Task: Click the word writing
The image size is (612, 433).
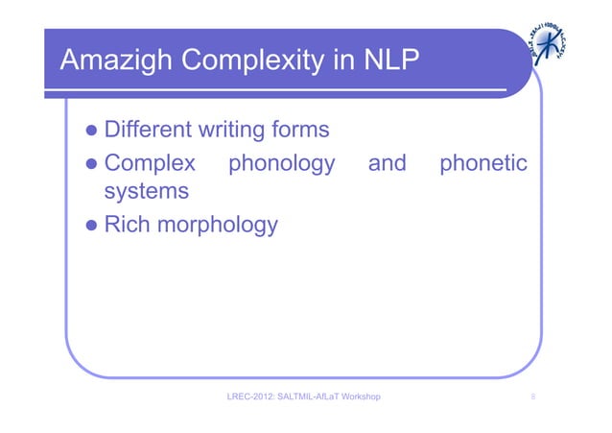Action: (236, 129)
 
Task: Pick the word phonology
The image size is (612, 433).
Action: (279, 161)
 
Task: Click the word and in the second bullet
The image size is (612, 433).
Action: (388, 160)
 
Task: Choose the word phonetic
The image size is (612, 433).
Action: (483, 161)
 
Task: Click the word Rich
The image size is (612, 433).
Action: (128, 225)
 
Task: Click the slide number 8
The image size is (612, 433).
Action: (532, 396)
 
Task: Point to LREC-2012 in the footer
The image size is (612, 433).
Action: (249, 396)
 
